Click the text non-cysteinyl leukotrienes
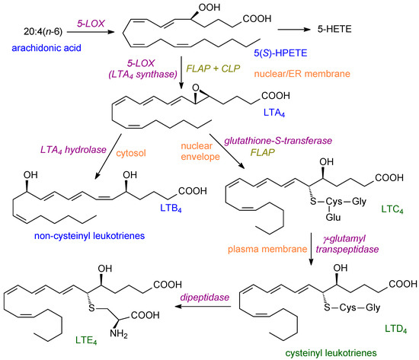84,236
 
